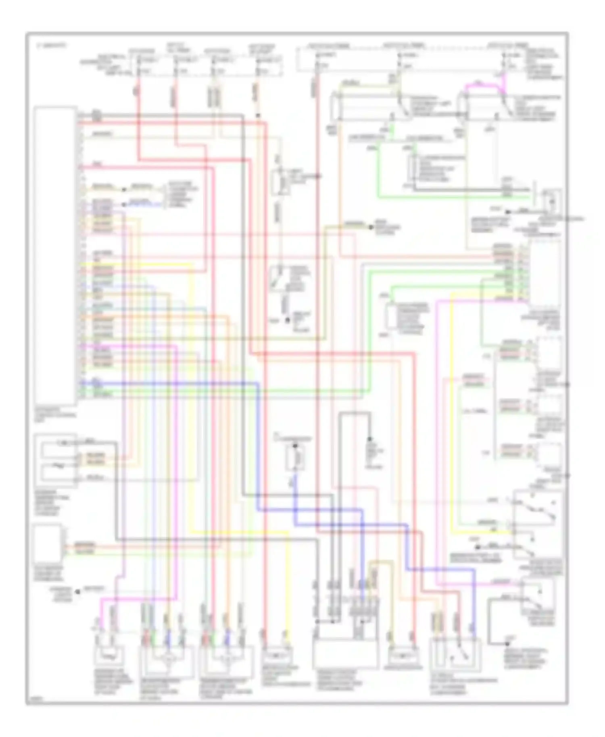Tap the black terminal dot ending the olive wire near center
click(371, 227)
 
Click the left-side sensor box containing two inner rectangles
click(55, 460)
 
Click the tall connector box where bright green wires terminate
click(544, 272)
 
